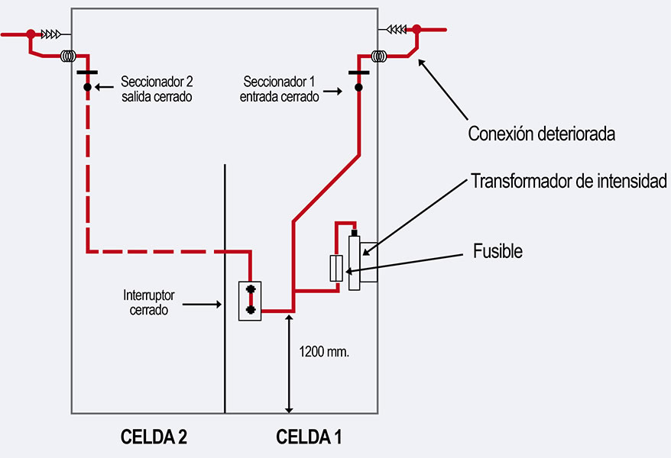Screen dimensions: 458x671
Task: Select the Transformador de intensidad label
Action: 569,181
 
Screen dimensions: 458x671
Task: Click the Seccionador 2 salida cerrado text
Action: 156,89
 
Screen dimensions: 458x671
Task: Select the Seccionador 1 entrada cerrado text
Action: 279,89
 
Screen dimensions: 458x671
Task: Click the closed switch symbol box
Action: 250,302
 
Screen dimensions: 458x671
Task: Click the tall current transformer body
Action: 355,262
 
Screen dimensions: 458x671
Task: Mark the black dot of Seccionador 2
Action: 88,88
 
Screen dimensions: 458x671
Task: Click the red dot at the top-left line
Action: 31,34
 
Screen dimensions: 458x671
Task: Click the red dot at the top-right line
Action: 417,30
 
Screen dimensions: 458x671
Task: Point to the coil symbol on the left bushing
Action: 68,56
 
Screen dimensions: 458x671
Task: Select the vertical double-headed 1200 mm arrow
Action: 289,363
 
